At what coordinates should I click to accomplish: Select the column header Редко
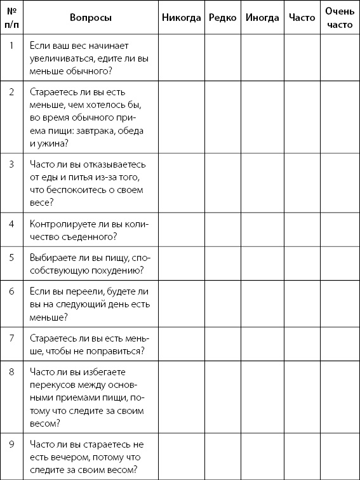222,18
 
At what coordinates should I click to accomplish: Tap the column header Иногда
262,18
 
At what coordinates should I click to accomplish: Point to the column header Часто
302,18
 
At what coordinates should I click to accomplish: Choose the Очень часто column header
339,18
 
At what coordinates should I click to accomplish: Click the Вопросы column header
91,18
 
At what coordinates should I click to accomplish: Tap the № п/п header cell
11,18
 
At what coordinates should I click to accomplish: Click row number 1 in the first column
11,45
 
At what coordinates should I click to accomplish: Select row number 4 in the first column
11,224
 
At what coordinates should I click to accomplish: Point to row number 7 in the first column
11,337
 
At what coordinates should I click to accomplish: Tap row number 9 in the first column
11,444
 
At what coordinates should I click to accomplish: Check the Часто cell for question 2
302,116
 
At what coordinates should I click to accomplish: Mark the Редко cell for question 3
222,183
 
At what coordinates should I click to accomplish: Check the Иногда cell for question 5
262,263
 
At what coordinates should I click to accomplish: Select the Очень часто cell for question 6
339,303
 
